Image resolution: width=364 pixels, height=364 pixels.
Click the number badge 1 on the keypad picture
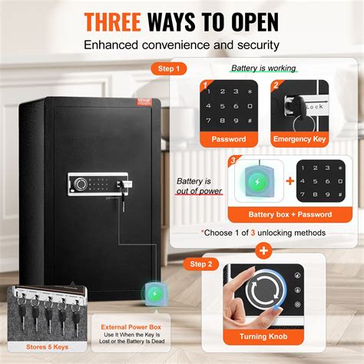206,87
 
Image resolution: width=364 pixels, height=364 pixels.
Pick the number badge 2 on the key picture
276,87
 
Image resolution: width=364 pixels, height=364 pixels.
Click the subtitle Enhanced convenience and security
181,45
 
